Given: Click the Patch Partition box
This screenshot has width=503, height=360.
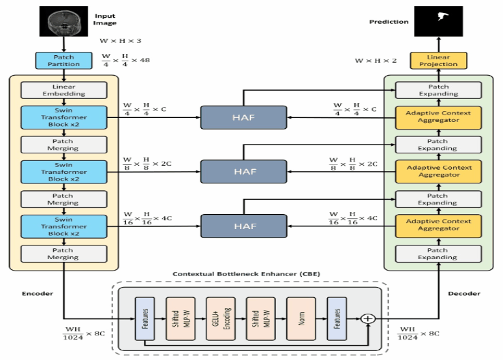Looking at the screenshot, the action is [x=63, y=60].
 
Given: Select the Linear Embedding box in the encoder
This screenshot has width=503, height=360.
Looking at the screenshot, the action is [x=64, y=90].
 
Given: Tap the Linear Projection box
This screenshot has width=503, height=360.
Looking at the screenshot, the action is [x=438, y=60].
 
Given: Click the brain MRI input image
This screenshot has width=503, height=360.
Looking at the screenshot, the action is [x=63, y=21].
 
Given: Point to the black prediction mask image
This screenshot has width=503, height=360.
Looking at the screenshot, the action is [x=438, y=21].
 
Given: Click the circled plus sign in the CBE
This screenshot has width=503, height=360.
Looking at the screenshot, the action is [x=368, y=318].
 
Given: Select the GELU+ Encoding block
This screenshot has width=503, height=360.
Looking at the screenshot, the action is [x=221, y=318].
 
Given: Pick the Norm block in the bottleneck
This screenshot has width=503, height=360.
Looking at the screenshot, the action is [x=301, y=318].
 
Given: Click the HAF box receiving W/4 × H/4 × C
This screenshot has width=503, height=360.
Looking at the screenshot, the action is [x=243, y=117].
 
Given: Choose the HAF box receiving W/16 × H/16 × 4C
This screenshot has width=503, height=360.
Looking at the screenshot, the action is [x=243, y=226].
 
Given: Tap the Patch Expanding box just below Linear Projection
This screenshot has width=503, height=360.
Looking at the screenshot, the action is [x=438, y=90].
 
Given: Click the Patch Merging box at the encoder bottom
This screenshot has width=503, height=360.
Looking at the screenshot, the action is [x=64, y=254].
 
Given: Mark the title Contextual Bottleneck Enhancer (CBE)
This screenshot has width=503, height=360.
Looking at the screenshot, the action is [x=246, y=274].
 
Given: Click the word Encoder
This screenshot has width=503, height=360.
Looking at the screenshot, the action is [x=37, y=294].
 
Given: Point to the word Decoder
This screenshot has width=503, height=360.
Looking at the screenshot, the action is [x=464, y=294].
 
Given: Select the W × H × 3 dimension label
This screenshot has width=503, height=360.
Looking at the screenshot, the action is [x=120, y=41].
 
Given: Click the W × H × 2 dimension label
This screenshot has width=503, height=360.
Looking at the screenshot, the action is [x=376, y=61].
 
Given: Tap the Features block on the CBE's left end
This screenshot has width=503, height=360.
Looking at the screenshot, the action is [x=144, y=318].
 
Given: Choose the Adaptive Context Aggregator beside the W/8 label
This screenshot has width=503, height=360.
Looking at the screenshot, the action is [x=438, y=172].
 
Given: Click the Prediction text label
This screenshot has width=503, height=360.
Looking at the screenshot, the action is [x=388, y=22].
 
